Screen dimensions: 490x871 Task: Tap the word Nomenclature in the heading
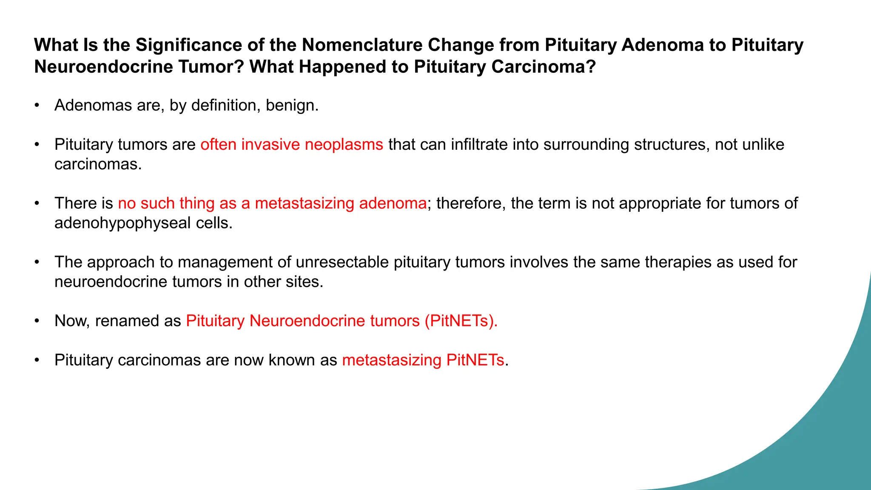361,45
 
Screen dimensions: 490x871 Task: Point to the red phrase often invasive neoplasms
292,145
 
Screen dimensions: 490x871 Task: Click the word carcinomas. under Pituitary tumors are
98,164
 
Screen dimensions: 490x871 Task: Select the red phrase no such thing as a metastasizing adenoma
272,203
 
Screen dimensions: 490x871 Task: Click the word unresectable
342,262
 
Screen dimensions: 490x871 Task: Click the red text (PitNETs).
461,321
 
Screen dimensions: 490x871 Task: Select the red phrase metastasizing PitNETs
423,360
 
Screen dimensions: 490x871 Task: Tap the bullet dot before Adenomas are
37,105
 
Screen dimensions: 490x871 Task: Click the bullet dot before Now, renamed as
37,321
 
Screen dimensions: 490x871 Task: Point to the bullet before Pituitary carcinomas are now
37,360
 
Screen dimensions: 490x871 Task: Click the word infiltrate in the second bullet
479,145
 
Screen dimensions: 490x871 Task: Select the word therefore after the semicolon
471,203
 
